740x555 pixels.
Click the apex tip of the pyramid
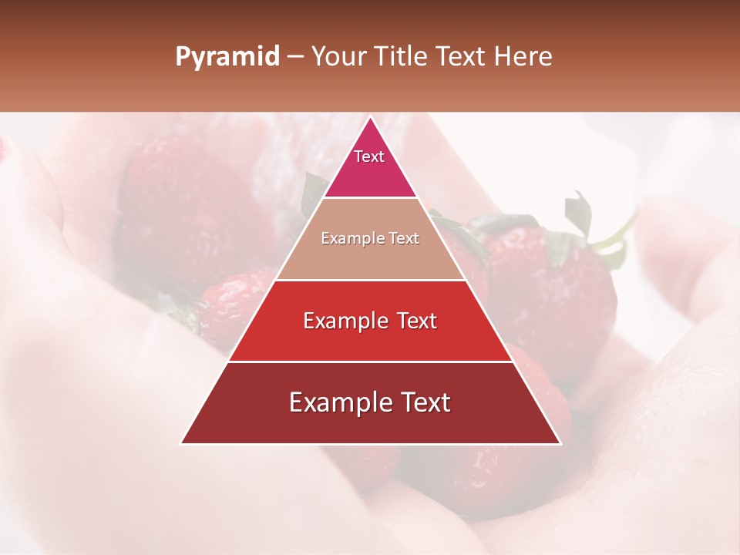tap(370, 118)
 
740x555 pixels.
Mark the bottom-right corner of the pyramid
tap(560, 443)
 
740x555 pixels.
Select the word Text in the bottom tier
tap(425, 402)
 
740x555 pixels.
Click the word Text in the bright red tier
tap(417, 321)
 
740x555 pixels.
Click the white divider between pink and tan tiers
tap(370, 198)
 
